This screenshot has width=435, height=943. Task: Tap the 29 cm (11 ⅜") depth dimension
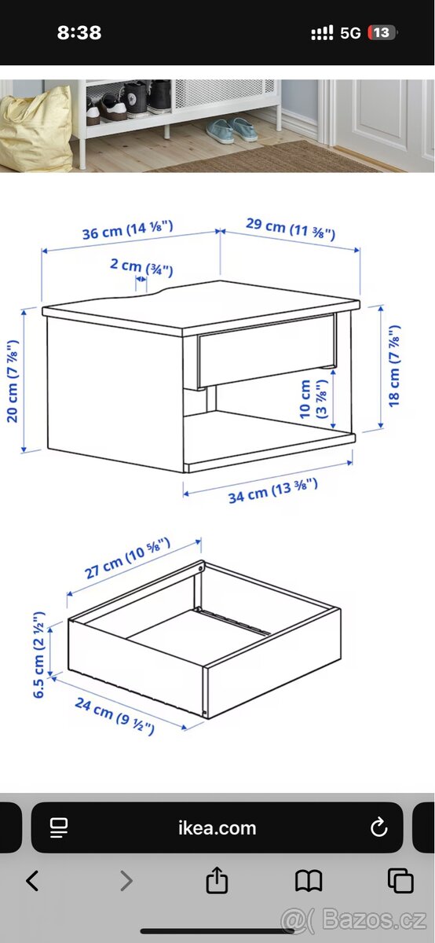291,229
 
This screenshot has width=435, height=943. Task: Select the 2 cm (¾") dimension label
141,267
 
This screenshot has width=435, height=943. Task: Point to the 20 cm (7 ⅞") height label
13,380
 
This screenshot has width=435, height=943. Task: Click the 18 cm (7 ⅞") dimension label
394,366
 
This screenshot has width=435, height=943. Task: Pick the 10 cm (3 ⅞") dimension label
313,398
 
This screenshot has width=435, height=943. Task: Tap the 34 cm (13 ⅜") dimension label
272,491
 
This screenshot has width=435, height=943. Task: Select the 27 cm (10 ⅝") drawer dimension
127,558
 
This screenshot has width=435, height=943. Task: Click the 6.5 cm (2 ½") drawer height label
38,654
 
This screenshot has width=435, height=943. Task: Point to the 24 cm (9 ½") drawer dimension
115,716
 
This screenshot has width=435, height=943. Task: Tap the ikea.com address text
217,828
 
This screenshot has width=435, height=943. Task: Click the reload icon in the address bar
378,827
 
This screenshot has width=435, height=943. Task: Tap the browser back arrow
32,880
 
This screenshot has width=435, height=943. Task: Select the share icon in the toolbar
217,879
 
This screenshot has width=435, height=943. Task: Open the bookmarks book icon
309,881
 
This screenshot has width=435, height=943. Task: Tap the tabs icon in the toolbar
400,880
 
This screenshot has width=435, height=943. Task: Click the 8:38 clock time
79,33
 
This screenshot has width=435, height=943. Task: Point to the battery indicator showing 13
382,32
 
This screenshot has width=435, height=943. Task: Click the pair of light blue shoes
232,130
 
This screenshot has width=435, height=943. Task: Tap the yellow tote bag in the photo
36,128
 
